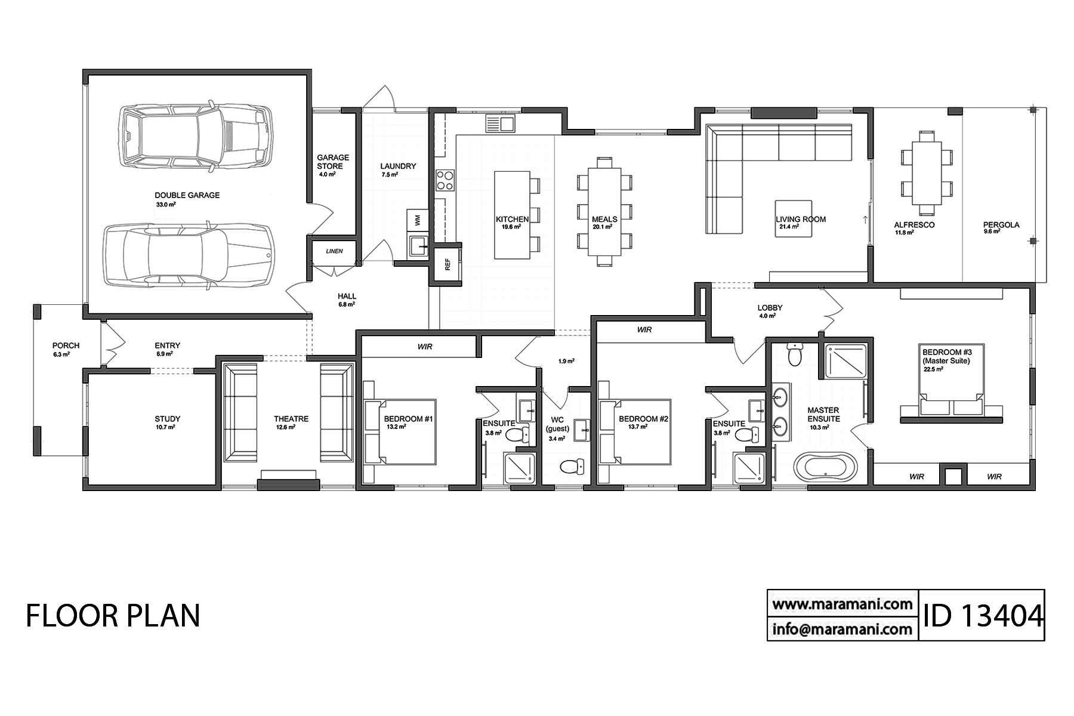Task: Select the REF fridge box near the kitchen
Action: click(x=447, y=264)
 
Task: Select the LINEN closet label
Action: click(x=334, y=251)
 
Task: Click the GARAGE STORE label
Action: click(x=333, y=162)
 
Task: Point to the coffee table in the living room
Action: click(x=793, y=218)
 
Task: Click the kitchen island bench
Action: click(x=512, y=215)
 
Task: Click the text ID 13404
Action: click(x=982, y=615)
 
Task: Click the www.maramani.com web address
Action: click(x=842, y=603)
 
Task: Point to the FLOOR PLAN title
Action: click(x=113, y=615)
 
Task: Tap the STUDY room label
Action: click(x=167, y=419)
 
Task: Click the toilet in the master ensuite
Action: click(x=795, y=354)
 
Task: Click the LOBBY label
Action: click(x=770, y=308)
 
